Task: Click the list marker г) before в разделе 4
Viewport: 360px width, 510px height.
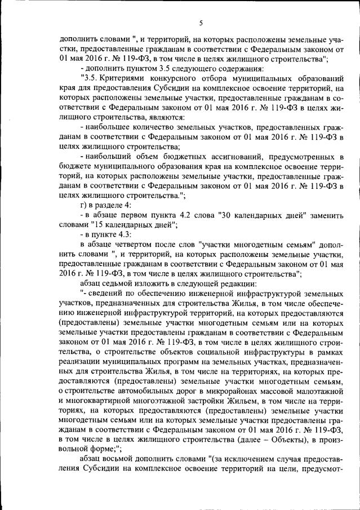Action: (84, 206)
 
